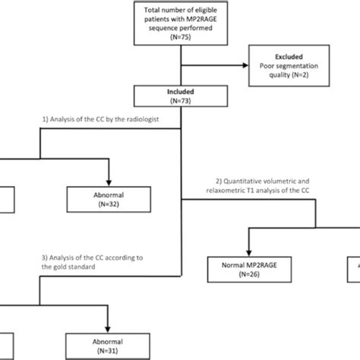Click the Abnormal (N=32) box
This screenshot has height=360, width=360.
(x=110, y=199)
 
